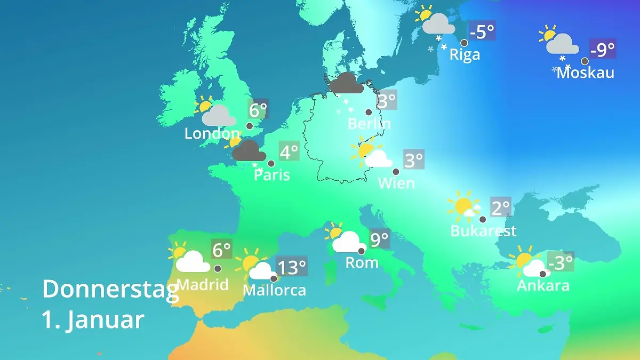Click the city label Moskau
[585, 72]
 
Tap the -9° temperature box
[603, 50]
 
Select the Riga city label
[465, 54]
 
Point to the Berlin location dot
[369, 112]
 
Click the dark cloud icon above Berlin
[347, 83]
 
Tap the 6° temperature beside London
[258, 110]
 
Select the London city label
[212, 133]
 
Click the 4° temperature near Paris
[289, 152]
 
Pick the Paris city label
[272, 174]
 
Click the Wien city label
[396, 183]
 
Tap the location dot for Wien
[396, 172]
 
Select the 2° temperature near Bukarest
[500, 207]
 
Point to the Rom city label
[362, 262]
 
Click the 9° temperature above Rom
[379, 239]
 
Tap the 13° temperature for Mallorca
[292, 266]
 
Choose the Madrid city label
[202, 284]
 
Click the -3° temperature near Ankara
[560, 262]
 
